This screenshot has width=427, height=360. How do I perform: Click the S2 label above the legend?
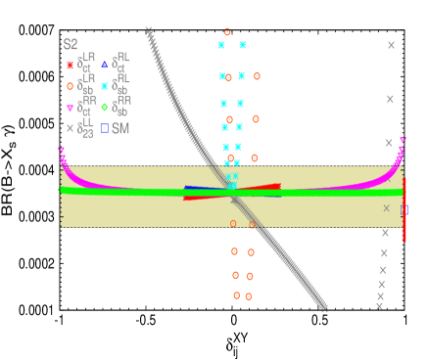(71, 44)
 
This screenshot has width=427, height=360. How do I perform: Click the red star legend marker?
(70, 65)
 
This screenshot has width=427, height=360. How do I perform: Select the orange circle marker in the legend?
(70, 86)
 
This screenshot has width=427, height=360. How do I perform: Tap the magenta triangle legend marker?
(70, 108)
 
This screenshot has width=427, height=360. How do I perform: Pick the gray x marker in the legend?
(70, 128)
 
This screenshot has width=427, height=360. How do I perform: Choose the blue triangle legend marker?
(105, 65)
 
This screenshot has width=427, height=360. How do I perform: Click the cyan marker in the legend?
(105, 86)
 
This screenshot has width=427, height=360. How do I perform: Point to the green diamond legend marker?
(105, 107)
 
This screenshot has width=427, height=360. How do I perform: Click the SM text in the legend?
(120, 128)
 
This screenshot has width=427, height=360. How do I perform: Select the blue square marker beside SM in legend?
(105, 128)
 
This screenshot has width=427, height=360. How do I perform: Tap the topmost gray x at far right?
(391, 45)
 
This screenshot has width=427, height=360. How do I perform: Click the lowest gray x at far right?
(379, 305)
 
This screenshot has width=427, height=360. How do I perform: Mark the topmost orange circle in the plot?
(227, 32)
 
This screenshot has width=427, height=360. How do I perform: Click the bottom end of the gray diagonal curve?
(323, 307)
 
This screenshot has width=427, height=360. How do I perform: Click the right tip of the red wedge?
(280, 185)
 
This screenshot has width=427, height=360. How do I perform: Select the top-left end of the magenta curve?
(61, 150)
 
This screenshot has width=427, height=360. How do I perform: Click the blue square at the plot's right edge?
(404, 209)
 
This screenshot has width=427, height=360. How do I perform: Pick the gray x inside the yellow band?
(386, 207)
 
